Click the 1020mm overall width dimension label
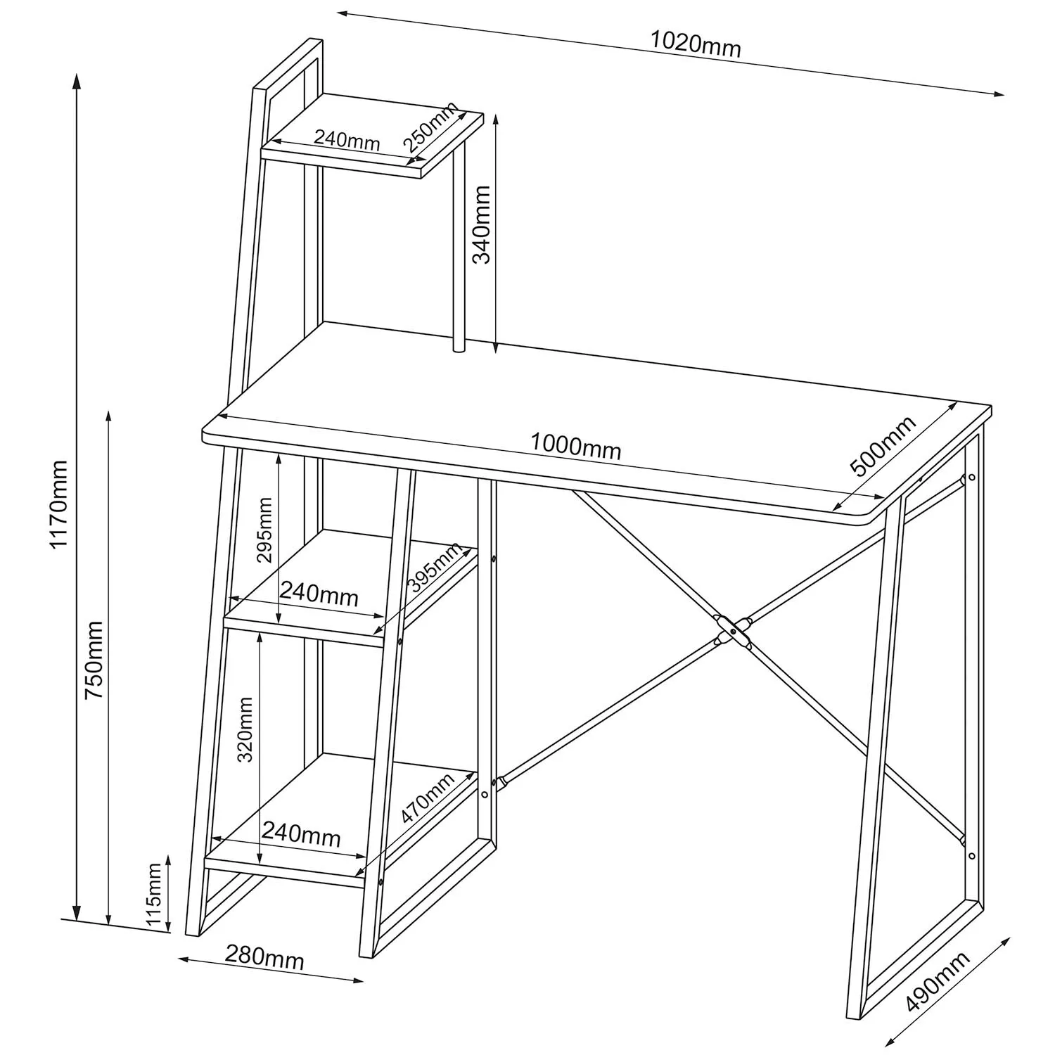695,44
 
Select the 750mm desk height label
94,660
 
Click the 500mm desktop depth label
883,446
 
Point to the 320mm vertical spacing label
245,729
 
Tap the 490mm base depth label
938,981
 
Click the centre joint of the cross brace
733,631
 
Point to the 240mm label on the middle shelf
319,594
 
